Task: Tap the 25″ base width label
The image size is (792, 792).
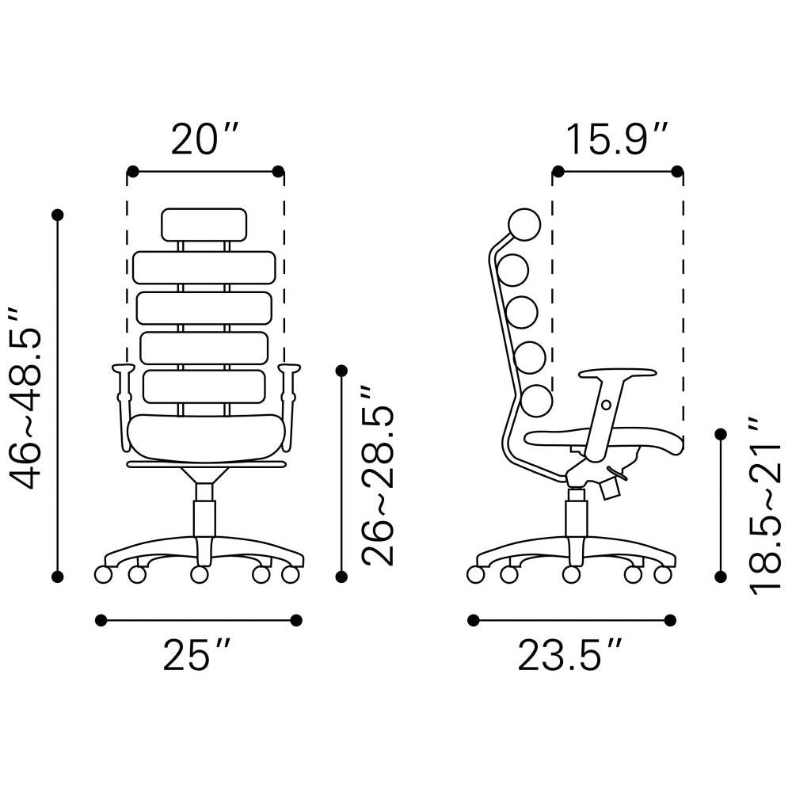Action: tap(196, 655)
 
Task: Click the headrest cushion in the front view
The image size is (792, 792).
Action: tap(203, 225)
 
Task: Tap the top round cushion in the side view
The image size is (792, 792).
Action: tap(524, 224)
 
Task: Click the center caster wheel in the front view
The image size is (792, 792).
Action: tap(200, 574)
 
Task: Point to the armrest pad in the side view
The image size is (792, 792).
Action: tap(618, 372)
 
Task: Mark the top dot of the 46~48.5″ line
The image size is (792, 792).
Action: tap(57, 215)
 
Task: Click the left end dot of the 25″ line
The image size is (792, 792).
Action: tap(101, 620)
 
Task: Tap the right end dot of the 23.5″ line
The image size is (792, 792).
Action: tap(670, 620)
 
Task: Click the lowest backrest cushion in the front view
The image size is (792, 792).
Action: tap(204, 386)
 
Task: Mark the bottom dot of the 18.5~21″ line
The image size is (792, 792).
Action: tap(721, 576)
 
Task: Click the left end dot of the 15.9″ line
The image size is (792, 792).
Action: tap(558, 171)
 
